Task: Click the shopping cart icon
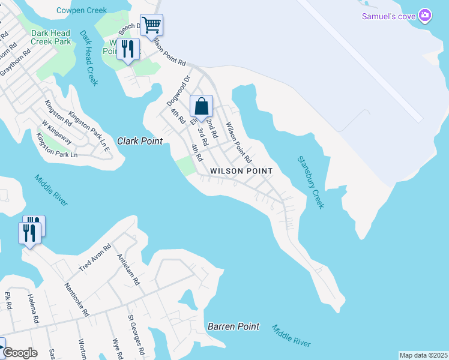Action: pos(152,25)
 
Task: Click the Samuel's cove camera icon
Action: pos(425,16)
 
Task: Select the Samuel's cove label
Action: pos(388,16)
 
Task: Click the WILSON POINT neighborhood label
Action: pos(241,171)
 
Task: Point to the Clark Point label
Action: pos(140,141)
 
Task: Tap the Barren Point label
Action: pos(234,326)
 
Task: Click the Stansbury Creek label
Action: pos(311,182)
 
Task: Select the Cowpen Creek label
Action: pos(82,10)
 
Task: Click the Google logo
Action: pos(20,353)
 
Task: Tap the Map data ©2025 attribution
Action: pos(423,355)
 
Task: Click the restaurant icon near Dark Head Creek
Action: pos(128,49)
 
